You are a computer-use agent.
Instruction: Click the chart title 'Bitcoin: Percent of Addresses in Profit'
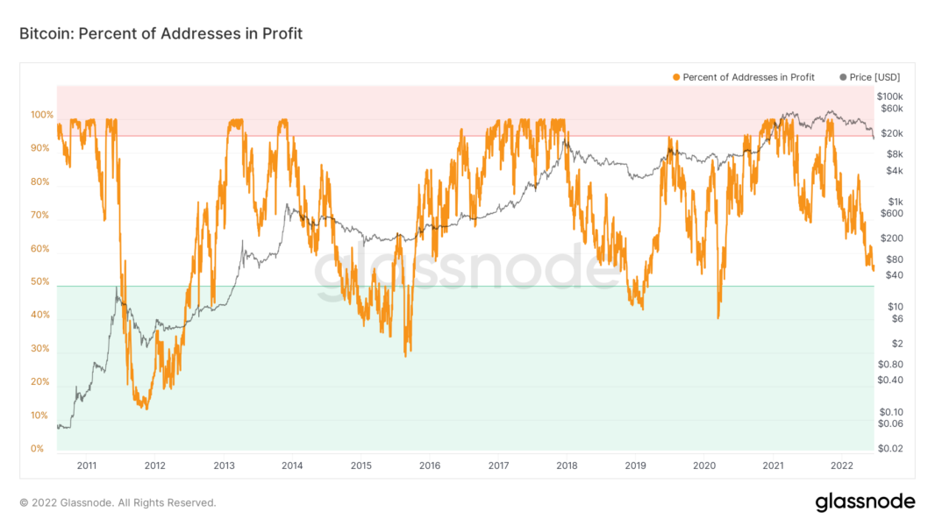coord(161,33)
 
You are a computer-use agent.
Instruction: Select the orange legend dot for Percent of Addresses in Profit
coord(676,77)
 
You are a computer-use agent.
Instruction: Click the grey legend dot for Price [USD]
coord(844,77)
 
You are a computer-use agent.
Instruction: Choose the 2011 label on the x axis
coord(86,466)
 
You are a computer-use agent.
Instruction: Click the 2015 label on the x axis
coord(361,466)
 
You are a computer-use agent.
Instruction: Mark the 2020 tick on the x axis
coord(705,466)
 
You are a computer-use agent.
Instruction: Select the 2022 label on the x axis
coord(842,466)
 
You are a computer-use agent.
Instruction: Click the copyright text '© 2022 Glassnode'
coord(118,502)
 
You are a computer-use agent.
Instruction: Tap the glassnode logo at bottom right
coord(865,502)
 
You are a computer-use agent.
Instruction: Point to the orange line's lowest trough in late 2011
coord(146,409)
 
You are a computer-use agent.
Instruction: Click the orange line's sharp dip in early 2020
coord(718,317)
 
